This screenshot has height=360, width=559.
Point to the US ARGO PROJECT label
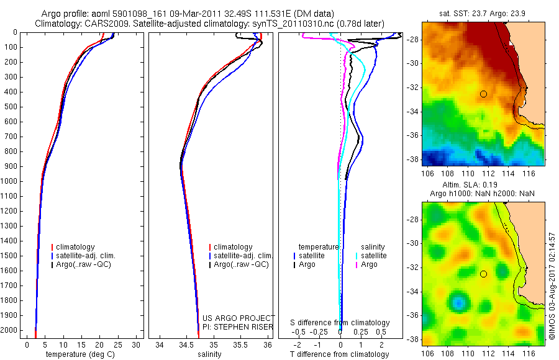(x=239, y=318)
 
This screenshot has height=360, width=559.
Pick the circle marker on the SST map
(x=483, y=94)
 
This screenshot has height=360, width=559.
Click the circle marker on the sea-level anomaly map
(x=483, y=274)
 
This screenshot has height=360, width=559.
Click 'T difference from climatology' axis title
(x=340, y=354)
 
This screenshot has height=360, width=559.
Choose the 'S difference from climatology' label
(x=340, y=323)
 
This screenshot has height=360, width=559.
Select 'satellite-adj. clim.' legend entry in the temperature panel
(x=90, y=256)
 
